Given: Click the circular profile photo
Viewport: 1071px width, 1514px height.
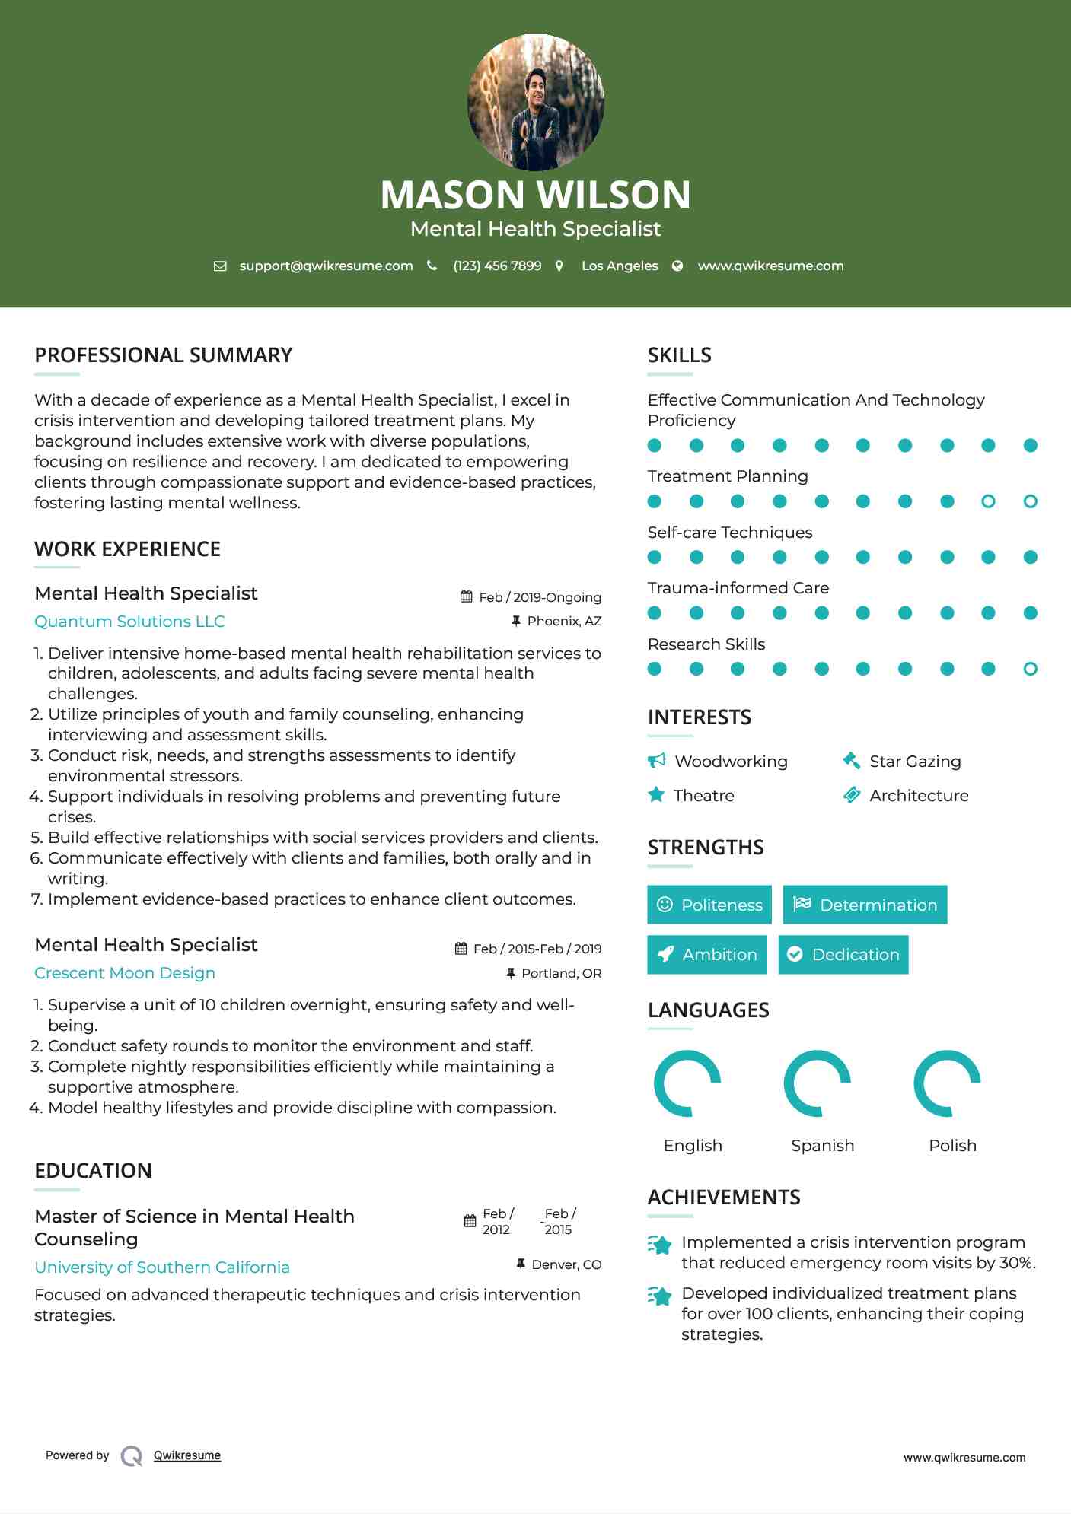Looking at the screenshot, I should (535, 102).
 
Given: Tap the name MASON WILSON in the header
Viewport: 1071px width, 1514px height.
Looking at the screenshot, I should (535, 195).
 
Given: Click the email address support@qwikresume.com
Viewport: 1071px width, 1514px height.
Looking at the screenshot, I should (326, 266).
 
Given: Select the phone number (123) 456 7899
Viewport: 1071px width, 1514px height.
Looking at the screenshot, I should (497, 266).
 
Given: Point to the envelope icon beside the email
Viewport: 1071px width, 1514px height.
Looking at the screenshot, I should (220, 266).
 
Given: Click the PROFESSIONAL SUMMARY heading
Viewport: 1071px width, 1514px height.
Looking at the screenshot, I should (164, 355).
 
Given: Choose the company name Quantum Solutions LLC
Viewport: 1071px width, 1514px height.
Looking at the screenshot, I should (129, 622).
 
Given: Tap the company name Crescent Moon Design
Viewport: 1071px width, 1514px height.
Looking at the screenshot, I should (125, 973).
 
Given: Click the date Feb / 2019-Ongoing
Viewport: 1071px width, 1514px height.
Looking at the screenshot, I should (540, 597).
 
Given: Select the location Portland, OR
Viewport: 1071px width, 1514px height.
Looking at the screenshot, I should (561, 973).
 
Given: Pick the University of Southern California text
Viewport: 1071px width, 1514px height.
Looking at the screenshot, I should (162, 1267).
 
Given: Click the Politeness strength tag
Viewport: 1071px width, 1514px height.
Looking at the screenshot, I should (709, 905).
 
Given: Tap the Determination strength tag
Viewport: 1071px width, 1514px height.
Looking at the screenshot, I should (865, 905).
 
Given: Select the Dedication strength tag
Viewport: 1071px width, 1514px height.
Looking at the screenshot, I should (843, 955).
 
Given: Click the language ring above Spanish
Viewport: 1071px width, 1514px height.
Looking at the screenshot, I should (818, 1083).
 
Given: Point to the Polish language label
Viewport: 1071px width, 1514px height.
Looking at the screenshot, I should (952, 1146).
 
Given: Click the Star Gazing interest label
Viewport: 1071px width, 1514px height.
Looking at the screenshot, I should (915, 762).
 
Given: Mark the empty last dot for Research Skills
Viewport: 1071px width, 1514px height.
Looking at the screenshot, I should (1030, 669).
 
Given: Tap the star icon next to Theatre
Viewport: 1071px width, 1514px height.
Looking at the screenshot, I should (656, 795).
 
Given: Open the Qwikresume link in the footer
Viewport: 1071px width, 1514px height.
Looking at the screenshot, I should (187, 1455).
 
